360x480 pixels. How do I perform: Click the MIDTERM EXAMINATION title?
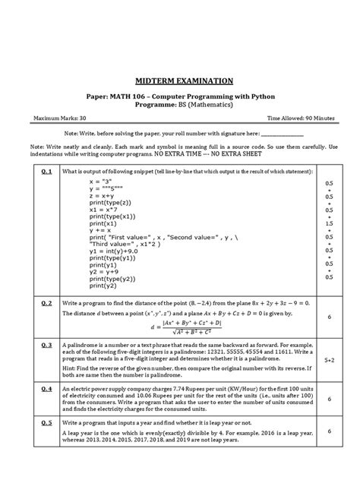[x=179, y=81]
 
